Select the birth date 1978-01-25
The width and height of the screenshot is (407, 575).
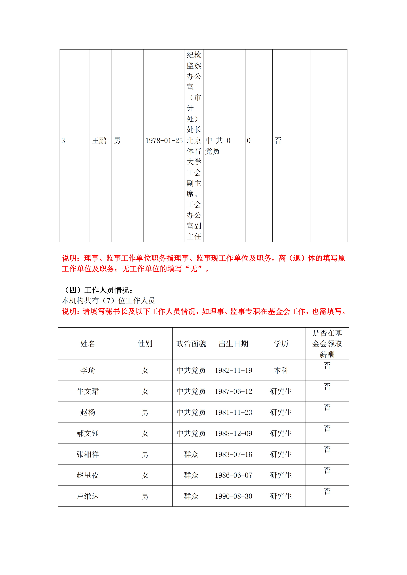(x=164, y=141)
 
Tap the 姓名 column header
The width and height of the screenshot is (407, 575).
(x=88, y=344)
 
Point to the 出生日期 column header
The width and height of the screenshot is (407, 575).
(x=233, y=344)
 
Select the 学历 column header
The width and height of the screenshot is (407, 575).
(x=281, y=344)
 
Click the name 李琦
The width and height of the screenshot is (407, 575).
(x=88, y=370)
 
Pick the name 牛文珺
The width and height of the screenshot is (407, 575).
(x=88, y=391)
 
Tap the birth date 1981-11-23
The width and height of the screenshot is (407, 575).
(x=233, y=412)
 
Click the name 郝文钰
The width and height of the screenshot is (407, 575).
(x=88, y=433)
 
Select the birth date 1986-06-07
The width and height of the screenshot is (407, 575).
(x=233, y=475)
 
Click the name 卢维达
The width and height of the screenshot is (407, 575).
(x=88, y=496)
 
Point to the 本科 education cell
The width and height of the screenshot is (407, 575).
(x=281, y=370)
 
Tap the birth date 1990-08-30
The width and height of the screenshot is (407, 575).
(x=233, y=496)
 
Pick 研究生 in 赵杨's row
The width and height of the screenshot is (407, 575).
(x=281, y=412)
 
